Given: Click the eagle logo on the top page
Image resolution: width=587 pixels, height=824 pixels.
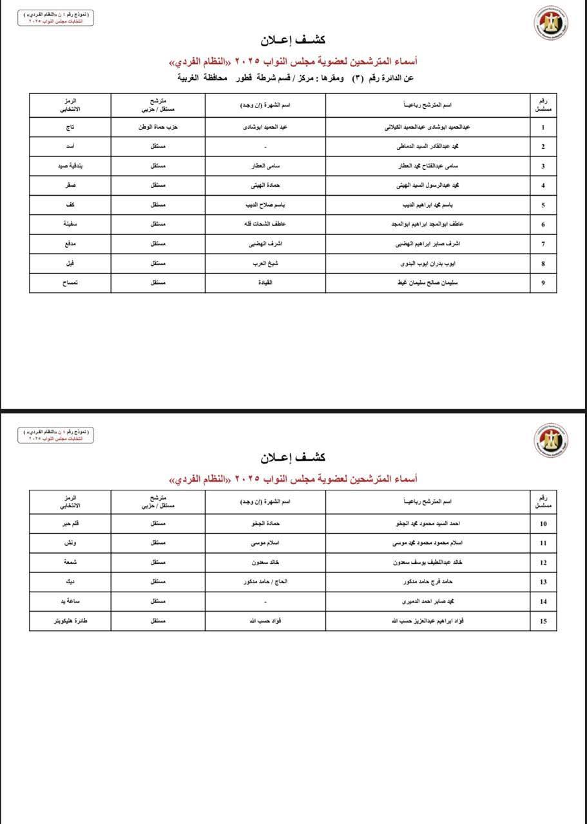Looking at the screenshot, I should [550, 24].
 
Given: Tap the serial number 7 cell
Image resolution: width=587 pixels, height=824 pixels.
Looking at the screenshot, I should [543, 244].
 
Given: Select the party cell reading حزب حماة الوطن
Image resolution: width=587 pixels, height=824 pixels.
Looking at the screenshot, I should [158, 127].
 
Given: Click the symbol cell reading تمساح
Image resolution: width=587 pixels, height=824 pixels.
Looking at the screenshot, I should [70, 283].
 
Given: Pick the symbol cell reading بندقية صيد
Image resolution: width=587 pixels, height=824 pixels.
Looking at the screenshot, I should [70, 166].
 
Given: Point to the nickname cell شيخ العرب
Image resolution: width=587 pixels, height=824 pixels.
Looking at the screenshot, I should [265, 263].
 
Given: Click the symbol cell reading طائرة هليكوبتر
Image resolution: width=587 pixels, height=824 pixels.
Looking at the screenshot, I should [70, 621].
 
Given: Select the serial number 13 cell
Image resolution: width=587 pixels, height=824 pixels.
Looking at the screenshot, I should [543, 582].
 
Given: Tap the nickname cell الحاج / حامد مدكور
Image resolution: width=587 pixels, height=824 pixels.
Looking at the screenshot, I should [265, 582].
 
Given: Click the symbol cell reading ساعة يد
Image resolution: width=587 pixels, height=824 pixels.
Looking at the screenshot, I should [70, 601].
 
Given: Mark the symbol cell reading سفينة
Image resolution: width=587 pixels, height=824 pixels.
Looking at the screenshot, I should [70, 225].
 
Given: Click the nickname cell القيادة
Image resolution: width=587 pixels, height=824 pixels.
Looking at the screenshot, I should [265, 283].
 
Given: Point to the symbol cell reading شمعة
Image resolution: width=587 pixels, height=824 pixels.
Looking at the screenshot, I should [70, 563].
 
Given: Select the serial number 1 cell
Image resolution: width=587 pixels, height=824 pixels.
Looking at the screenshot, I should [543, 127].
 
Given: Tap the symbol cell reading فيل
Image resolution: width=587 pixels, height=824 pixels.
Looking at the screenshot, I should [70, 263].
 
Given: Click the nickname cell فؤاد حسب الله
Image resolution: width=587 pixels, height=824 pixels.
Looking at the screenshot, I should [265, 621].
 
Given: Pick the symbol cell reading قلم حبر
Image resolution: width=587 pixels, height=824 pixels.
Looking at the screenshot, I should [70, 523].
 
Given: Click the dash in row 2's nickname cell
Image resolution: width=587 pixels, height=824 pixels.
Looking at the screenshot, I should [265, 147].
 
